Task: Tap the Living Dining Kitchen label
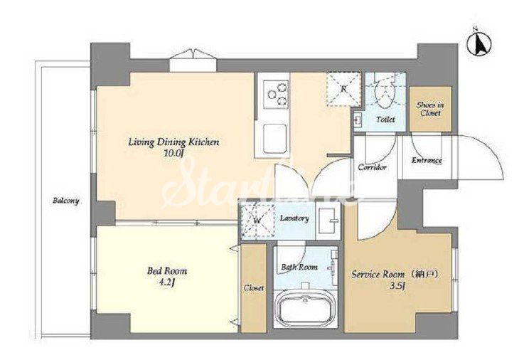[x=173, y=142]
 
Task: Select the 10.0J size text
[x=174, y=154]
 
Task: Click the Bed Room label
[x=167, y=270]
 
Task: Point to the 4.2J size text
[x=167, y=282]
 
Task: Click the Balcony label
[x=66, y=201]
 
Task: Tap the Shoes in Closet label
[x=430, y=109]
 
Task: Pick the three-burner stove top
[x=276, y=94]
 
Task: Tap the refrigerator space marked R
[x=344, y=89]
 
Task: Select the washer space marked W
[x=257, y=221]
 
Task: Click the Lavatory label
[x=294, y=218]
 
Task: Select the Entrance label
[x=427, y=161]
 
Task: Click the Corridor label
[x=373, y=167]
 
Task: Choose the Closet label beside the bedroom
[x=254, y=288]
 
